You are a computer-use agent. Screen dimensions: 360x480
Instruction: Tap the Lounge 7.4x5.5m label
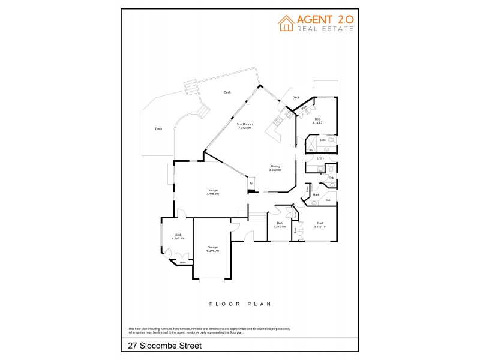coord(212,192)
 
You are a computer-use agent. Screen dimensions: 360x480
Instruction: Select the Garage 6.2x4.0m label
coord(213,248)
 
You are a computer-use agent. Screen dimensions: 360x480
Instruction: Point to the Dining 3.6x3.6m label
coord(275,168)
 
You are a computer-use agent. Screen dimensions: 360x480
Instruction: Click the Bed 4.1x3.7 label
coord(317,121)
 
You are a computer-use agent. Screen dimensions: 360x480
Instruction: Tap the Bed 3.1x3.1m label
coord(320,224)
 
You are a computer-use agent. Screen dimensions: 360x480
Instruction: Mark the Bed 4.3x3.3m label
coord(178,236)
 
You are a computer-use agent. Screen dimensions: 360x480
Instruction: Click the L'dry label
coord(320,158)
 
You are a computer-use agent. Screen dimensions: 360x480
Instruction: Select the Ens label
coord(322,140)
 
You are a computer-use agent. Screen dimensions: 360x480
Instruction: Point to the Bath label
coord(316,195)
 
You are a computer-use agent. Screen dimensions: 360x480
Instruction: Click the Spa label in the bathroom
coord(328,200)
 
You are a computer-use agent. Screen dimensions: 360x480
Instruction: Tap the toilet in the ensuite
coord(332,139)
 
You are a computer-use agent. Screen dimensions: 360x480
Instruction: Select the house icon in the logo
coord(286,22)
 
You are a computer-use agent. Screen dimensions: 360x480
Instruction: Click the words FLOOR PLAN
coord(240,304)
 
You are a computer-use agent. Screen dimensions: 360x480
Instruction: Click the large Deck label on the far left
coord(158,128)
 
